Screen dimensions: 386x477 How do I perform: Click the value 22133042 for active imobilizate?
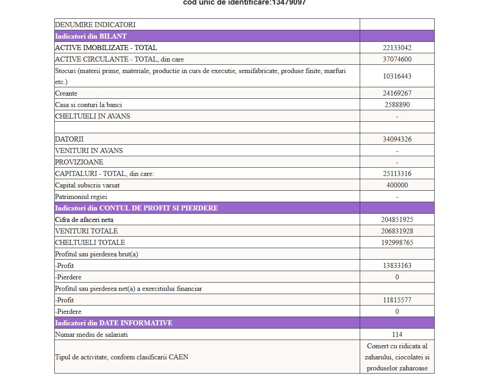coord(397,48)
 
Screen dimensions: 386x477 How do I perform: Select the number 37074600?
coord(397,59)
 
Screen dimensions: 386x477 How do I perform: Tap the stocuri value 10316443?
coord(397,76)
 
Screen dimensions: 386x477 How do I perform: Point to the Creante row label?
coord(66,93)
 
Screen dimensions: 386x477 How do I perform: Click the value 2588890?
coord(397,105)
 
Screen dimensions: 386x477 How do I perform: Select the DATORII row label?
coord(69,139)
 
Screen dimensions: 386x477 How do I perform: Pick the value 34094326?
coord(397,139)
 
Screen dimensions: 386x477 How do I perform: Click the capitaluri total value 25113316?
coord(397,174)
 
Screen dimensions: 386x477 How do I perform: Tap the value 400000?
coord(397,185)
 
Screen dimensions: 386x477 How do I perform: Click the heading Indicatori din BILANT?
coord(91,36)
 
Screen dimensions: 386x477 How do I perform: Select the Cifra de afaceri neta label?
coord(84,220)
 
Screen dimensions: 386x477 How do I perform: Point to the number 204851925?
coord(397,220)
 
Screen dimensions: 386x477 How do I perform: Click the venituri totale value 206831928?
coord(397,231)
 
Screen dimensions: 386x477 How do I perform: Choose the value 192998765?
coord(397,243)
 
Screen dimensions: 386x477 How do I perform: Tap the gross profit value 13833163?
coord(397,266)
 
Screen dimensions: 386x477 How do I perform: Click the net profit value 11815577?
coord(397,300)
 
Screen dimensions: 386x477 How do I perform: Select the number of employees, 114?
coord(397,335)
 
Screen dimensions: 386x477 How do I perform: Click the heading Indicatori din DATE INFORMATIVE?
coord(114,323)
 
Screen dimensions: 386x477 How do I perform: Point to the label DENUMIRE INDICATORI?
coord(95,25)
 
